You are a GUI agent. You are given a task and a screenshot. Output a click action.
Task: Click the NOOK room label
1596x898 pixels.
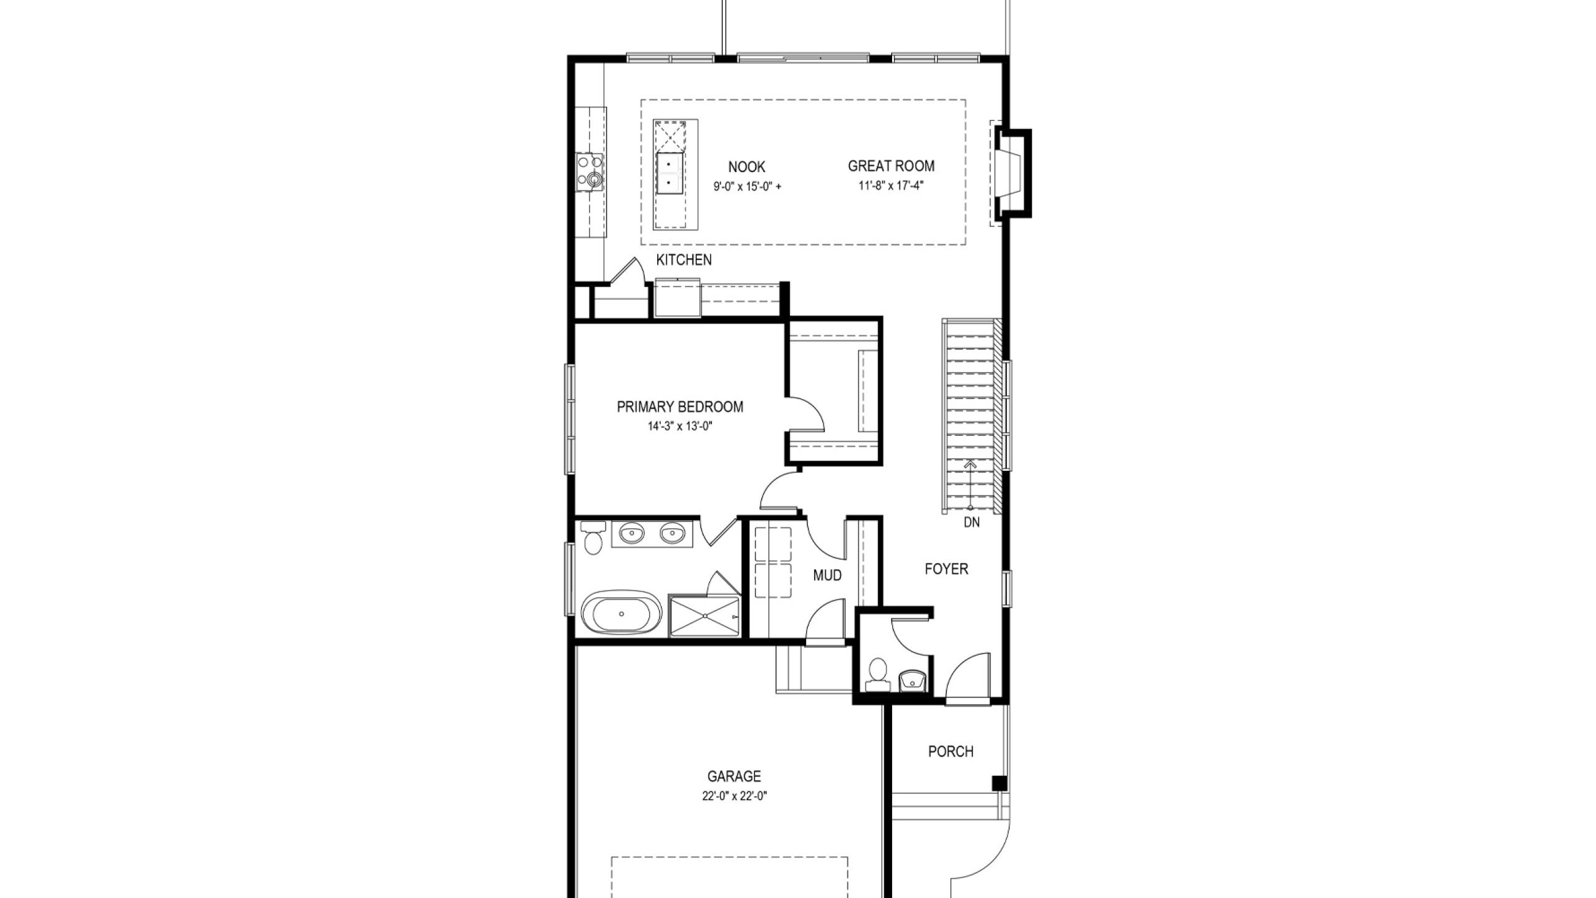pos(746,167)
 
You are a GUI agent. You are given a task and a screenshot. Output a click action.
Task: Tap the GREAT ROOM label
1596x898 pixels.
pos(891,166)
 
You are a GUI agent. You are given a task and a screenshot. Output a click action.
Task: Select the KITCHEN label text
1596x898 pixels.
pos(684,260)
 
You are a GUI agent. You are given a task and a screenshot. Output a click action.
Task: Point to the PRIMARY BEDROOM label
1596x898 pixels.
pos(680,407)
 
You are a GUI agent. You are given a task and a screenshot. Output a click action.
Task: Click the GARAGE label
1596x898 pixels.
pos(734,776)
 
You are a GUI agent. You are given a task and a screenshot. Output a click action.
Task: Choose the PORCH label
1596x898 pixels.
pos(951,751)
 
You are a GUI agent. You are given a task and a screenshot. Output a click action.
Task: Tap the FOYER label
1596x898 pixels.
pos(946,569)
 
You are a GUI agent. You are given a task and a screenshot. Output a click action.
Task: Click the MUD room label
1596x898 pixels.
pos(827,575)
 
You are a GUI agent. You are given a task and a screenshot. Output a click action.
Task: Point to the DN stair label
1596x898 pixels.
pos(971,523)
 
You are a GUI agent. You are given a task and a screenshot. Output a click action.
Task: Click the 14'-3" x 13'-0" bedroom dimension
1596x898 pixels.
pos(680,427)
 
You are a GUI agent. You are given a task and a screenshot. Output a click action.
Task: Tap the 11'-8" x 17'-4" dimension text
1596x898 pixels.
pos(891,185)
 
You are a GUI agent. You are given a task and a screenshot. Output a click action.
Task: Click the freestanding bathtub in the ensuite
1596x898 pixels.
pos(185,614)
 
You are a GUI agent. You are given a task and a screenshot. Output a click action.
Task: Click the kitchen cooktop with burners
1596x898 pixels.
pos(154,172)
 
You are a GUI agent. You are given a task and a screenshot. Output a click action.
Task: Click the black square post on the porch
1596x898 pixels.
pos(999,783)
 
